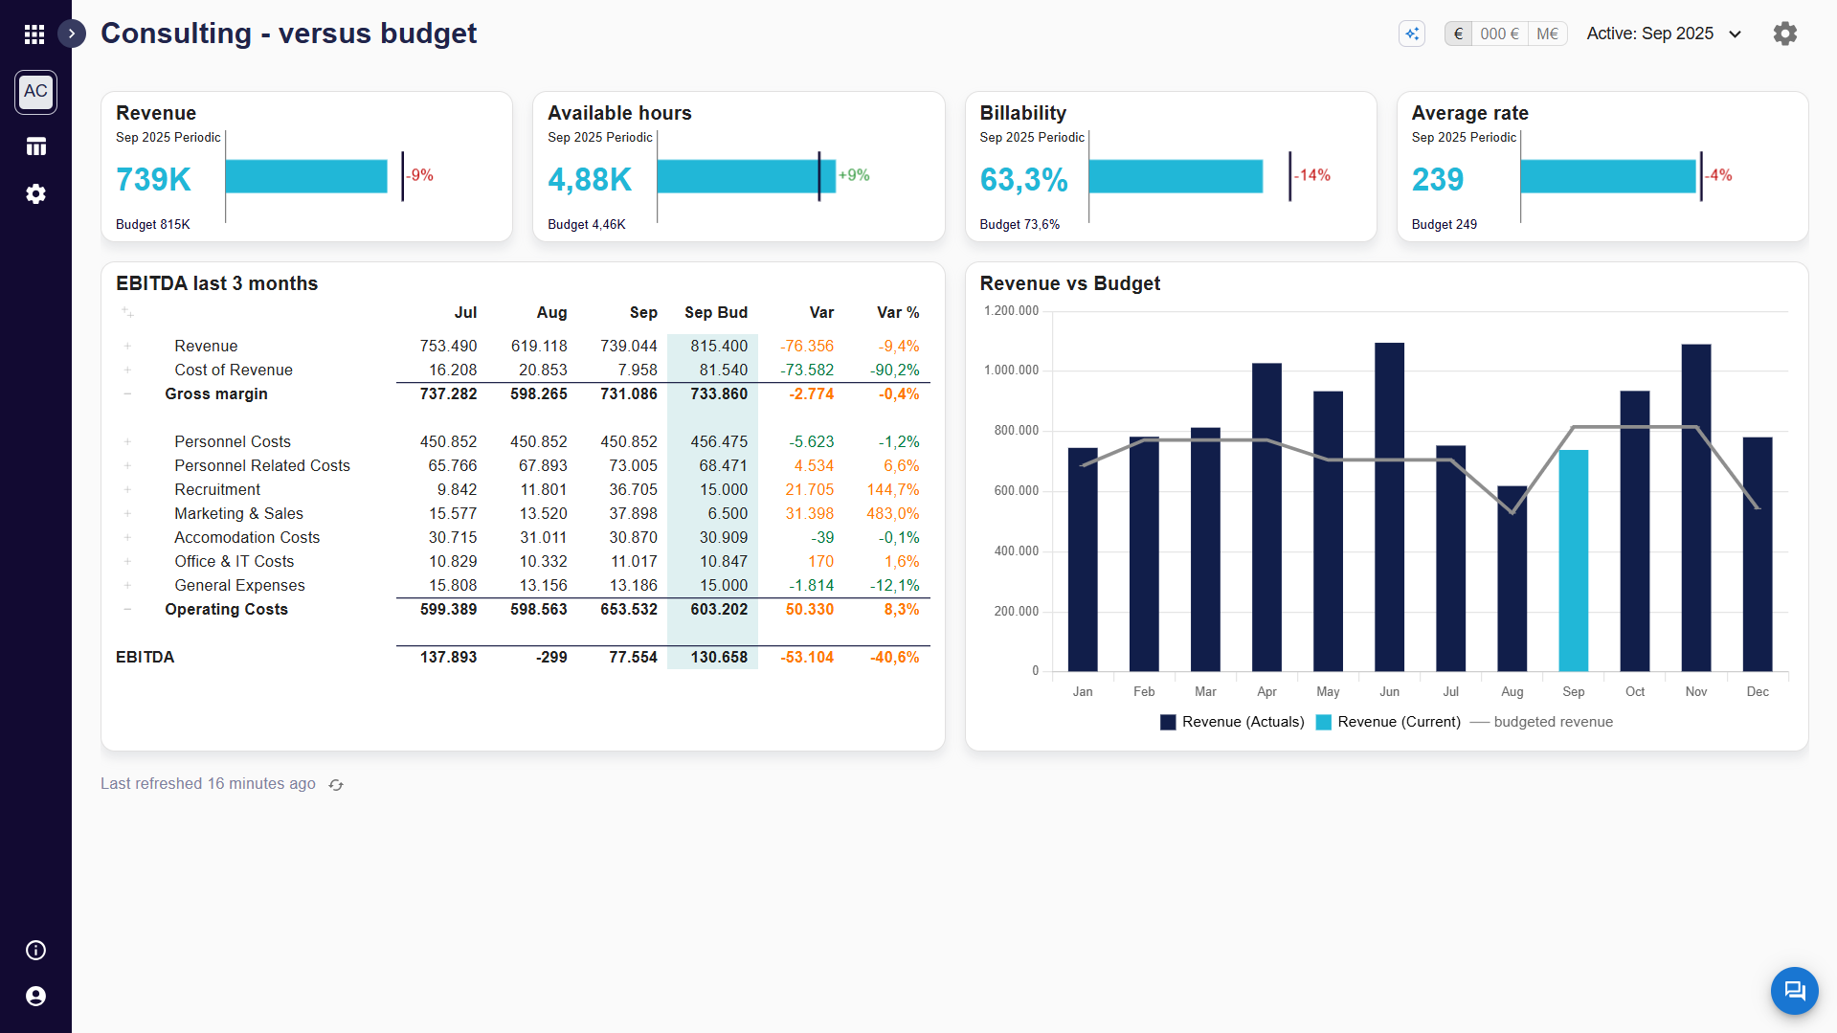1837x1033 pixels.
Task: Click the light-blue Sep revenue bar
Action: pos(1573,560)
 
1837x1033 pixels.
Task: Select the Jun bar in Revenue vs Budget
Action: pos(1389,506)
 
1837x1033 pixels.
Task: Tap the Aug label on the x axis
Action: pos(1512,691)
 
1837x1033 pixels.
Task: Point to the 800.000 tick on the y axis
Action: pos(1016,431)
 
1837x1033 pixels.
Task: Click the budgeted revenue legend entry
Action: pos(1541,722)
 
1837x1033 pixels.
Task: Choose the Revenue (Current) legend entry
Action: pos(1388,722)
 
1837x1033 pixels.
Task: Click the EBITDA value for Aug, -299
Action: pos(551,657)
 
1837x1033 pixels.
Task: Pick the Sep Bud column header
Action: pos(716,312)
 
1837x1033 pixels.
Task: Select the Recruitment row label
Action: pos(217,489)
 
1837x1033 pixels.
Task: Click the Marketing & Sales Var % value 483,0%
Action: pos(892,513)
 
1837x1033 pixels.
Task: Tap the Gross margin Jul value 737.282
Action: pos(448,393)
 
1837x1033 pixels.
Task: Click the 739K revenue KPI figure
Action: pos(153,179)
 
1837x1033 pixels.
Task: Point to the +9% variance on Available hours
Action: pos(854,175)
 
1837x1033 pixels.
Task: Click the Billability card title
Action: pos(1022,113)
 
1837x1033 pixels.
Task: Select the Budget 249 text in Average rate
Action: pos(1444,224)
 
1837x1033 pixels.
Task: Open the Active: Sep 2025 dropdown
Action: pos(1664,34)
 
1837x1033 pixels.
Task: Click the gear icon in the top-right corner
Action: pos(1784,34)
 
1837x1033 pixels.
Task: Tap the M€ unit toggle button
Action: pos(1547,34)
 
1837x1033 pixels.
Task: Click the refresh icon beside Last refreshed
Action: pos(336,784)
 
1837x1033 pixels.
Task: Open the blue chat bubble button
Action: pos(1794,990)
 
